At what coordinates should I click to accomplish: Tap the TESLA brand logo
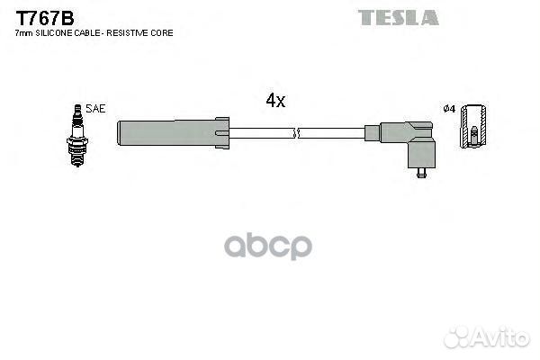398,17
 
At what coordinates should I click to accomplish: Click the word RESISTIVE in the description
133,33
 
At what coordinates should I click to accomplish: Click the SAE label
96,109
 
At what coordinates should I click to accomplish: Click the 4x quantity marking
275,101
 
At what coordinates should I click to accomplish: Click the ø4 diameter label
449,110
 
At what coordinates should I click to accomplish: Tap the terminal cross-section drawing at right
473,127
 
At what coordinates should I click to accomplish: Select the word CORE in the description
163,33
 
